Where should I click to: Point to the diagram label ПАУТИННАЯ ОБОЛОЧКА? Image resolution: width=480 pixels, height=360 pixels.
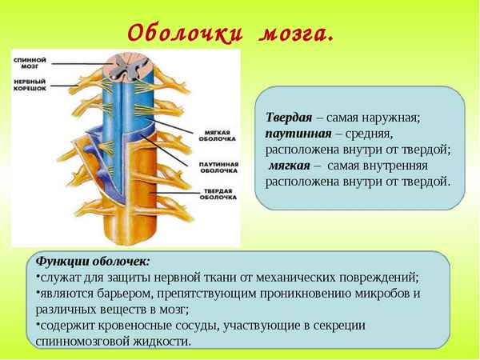tap(218, 166)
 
